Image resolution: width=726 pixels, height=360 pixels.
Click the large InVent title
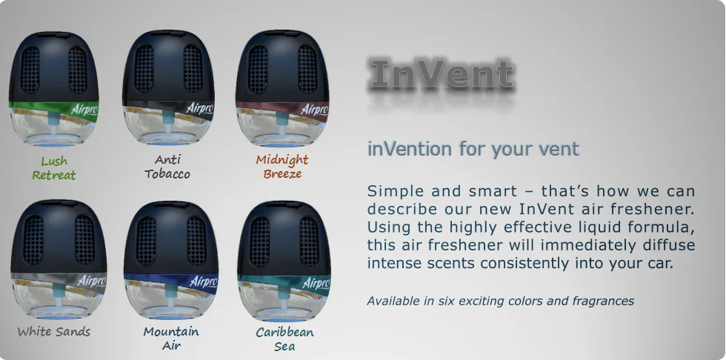(442, 73)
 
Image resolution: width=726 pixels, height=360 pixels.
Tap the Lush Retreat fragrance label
(53, 168)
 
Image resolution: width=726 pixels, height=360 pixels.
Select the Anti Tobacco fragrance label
(167, 167)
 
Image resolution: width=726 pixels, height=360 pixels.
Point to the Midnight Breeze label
(282, 167)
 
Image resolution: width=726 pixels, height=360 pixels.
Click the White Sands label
(53, 331)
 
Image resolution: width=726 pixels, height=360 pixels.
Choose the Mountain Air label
(171, 339)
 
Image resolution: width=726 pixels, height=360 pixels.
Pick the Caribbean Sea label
(284, 339)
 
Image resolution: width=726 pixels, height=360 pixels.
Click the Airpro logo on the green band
(84, 110)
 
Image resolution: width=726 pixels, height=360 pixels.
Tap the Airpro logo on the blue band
(203, 281)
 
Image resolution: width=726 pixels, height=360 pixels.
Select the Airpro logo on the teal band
(316, 282)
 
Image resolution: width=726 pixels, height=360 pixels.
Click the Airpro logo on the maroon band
(314, 110)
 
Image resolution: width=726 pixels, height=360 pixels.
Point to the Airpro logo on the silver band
(91, 281)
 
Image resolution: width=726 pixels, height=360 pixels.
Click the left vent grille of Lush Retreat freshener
(30, 70)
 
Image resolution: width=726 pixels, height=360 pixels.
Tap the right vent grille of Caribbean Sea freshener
(309, 241)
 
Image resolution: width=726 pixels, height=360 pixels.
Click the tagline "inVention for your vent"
(473, 149)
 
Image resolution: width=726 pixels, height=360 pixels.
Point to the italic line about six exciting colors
(501, 301)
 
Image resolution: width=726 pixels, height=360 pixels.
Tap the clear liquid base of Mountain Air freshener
(171, 301)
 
